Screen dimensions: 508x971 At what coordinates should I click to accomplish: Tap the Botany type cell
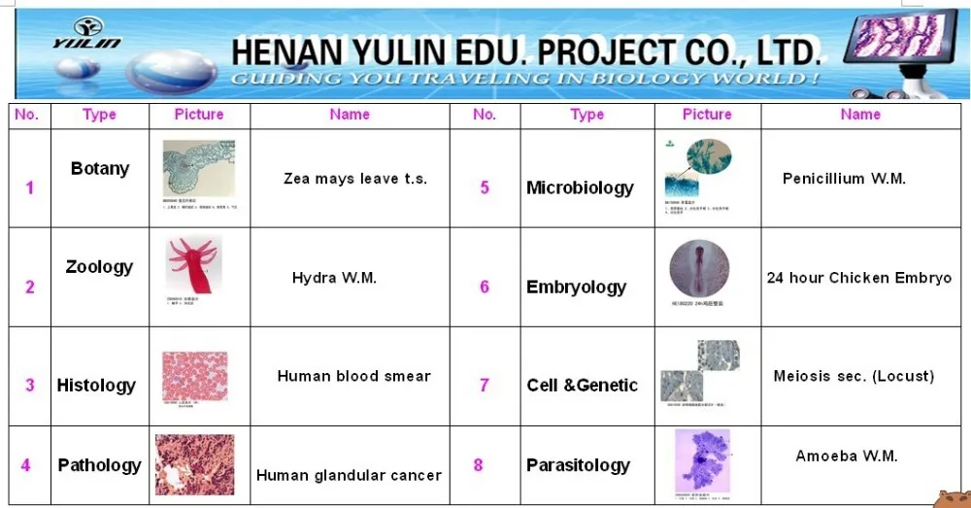click(100, 169)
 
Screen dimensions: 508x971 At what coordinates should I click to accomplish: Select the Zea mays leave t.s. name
click(354, 179)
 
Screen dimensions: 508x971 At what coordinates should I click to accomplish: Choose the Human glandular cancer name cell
click(349, 475)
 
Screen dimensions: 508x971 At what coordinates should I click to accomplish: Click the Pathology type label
click(99, 465)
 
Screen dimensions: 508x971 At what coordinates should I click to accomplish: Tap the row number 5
click(485, 187)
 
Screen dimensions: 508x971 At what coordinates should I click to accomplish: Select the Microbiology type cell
click(580, 187)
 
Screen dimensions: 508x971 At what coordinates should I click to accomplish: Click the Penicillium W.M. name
click(844, 179)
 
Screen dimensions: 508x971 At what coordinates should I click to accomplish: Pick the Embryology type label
click(576, 287)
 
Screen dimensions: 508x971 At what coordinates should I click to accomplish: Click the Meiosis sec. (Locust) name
click(854, 376)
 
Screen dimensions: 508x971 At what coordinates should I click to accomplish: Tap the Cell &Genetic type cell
click(582, 386)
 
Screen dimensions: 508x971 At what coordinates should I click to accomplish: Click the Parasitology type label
click(578, 465)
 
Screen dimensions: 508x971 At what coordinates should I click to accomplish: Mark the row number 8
click(479, 465)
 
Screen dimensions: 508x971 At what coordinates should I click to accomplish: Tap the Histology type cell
click(96, 386)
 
